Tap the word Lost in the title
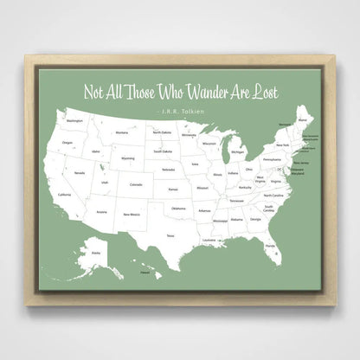coord(264,93)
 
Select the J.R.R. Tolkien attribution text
coord(180,110)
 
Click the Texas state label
coord(170,235)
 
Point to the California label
coord(64,195)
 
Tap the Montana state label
coord(122,132)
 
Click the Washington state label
coord(74,121)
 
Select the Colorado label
coord(135,183)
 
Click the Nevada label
coord(79,173)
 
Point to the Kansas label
coord(173,189)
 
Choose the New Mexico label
coord(131,214)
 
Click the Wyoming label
coord(128,158)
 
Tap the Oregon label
coord(67,143)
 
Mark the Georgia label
coord(255,219)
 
